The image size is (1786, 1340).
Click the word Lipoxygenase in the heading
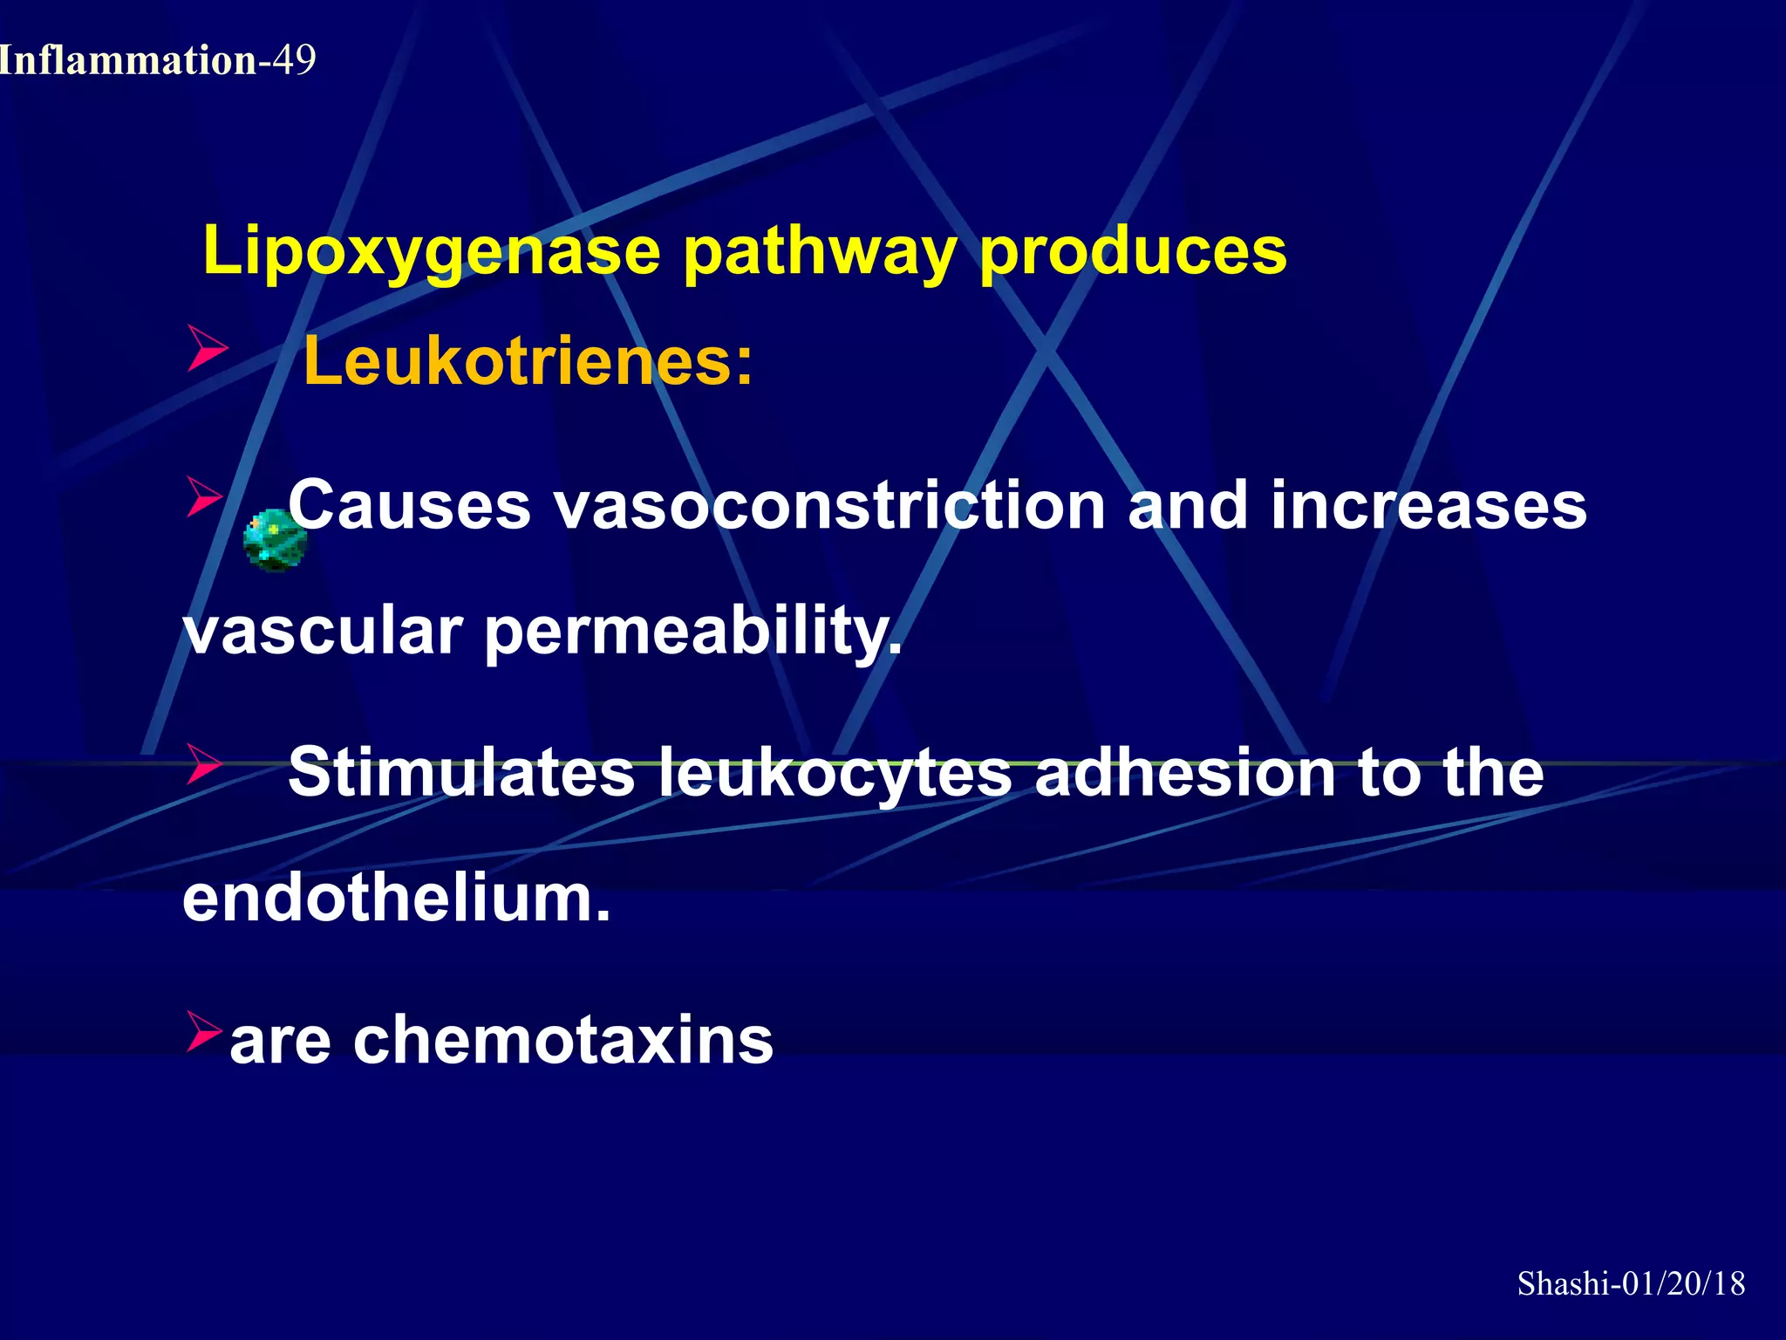click(431, 252)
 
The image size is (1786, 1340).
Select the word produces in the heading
click(1132, 252)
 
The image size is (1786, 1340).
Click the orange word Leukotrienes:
click(528, 361)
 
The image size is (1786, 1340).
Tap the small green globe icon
click(275, 541)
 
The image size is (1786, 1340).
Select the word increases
click(1428, 505)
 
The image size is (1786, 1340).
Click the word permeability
click(692, 632)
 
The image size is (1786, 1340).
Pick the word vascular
click(323, 632)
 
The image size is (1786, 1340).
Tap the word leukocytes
click(835, 774)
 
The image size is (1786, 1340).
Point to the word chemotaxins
click(562, 1040)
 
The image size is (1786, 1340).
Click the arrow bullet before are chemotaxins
click(204, 1031)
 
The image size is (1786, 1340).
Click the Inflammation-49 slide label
click(157, 60)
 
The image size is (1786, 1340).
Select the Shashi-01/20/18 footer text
click(1631, 1284)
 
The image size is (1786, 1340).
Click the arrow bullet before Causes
click(205, 497)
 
